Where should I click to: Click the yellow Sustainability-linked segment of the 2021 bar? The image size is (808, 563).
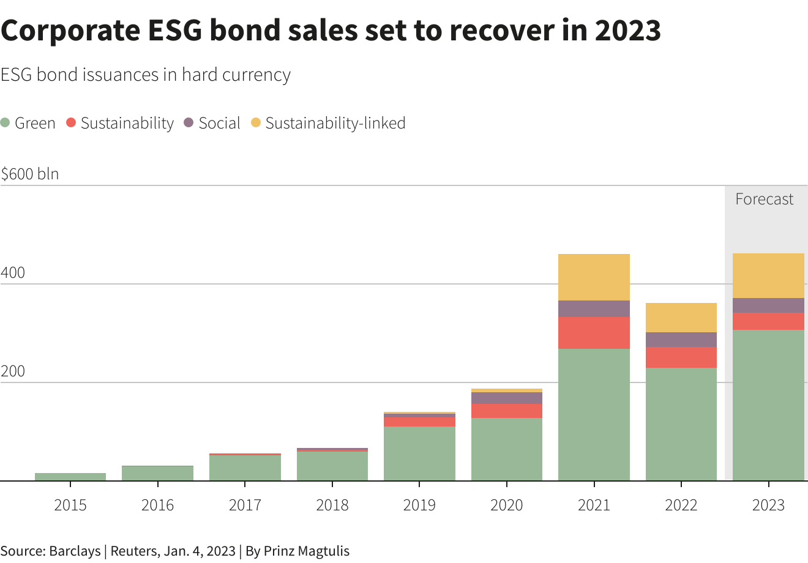pos(594,277)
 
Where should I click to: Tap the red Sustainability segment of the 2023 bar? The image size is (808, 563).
pos(768,321)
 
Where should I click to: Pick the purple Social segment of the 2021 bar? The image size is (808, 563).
pos(594,308)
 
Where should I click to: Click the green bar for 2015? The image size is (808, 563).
pos(70,477)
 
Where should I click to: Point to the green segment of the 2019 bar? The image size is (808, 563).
pos(419,453)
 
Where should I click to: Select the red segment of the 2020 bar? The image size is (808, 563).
pos(506,411)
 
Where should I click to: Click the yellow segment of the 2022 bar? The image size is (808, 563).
pos(681,318)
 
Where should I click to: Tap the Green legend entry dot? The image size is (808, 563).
pos(6,123)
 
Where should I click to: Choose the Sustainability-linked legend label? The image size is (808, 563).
pos(335,123)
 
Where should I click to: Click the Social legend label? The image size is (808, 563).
pos(219,123)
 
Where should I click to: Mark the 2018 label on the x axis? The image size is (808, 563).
pos(332,505)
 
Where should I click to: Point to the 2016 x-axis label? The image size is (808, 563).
pos(157,505)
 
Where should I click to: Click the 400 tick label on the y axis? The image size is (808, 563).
pos(13,273)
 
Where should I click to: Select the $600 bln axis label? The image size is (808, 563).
pos(30,174)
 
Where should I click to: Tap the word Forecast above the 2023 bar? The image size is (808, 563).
pos(764,199)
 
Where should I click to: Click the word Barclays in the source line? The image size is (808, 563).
pos(75,551)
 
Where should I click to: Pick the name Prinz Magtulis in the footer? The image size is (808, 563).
pos(306,551)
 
